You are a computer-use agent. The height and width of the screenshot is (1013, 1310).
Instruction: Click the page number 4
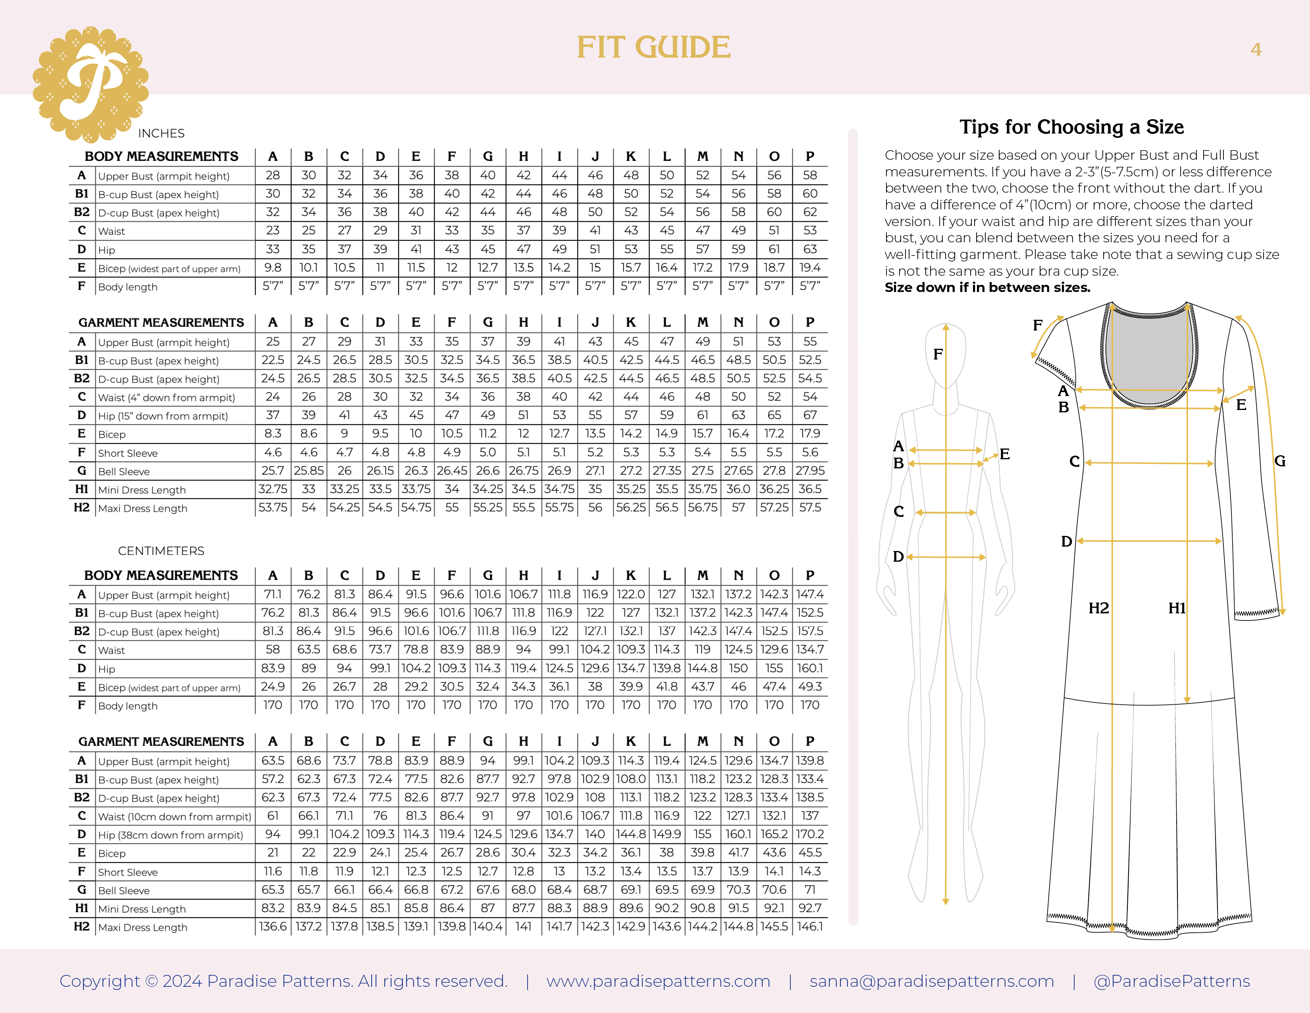click(x=1255, y=49)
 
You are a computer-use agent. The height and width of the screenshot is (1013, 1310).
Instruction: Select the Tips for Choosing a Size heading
click(x=1071, y=127)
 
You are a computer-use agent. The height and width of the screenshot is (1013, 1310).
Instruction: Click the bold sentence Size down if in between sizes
click(x=987, y=288)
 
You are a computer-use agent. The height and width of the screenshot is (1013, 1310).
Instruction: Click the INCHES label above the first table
click(x=161, y=133)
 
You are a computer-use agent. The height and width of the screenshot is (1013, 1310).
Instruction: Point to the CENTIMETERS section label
click(x=161, y=551)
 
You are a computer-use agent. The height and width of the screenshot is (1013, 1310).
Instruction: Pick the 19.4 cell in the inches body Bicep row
click(x=810, y=268)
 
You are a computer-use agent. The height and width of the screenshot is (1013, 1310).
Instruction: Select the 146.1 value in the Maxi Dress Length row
click(x=810, y=926)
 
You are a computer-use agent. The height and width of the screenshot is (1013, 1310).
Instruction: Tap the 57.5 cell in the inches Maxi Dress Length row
click(x=810, y=508)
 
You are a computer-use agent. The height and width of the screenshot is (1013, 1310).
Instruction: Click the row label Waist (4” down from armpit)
click(x=166, y=397)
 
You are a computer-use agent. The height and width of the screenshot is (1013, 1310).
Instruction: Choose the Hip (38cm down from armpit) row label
click(x=170, y=835)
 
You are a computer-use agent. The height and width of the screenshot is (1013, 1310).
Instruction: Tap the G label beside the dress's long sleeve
click(x=1279, y=461)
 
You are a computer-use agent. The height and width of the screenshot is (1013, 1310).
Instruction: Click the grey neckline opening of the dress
click(x=1148, y=354)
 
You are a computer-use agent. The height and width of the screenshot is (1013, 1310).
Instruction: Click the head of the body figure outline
click(x=945, y=354)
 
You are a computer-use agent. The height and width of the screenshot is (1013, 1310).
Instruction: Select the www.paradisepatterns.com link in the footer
click(x=658, y=981)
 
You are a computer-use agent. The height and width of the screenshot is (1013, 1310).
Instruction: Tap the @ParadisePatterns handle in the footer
click(x=1171, y=981)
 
